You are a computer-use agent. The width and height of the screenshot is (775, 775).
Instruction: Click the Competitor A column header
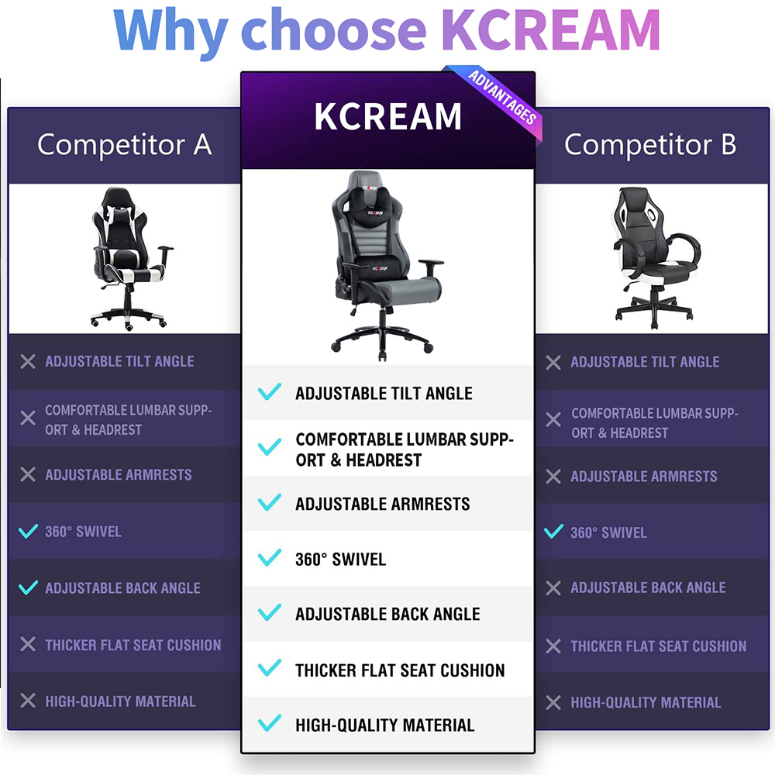coord(125,145)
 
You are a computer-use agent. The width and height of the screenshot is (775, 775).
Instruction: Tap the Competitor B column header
coord(650,145)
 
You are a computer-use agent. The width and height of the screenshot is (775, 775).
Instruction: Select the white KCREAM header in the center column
coord(388,117)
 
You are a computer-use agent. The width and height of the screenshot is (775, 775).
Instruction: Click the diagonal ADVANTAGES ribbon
coord(501,96)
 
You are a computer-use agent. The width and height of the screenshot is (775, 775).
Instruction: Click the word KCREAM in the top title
coord(550,29)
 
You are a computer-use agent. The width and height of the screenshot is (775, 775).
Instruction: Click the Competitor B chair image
coord(656,257)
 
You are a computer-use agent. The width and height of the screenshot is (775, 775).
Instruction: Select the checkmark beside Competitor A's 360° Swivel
coord(28,531)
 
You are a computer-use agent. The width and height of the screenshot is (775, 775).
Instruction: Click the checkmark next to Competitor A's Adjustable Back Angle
coord(28,587)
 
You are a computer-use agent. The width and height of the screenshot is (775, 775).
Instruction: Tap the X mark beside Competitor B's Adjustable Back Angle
coord(553,587)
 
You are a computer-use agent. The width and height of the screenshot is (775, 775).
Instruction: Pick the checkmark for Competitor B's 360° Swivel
coord(553,532)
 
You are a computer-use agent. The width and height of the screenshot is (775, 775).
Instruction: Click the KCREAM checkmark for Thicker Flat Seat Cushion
coord(270,668)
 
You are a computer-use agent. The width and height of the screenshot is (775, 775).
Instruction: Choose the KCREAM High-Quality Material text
coord(385,725)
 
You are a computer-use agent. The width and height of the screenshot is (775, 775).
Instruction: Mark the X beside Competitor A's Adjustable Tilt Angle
coord(28,361)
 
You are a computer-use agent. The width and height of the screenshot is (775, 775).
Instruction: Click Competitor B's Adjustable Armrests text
coord(643,476)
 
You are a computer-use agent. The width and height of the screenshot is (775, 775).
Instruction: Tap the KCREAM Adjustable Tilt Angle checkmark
coord(270,391)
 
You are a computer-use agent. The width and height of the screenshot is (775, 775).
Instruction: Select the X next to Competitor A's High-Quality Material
coord(28,701)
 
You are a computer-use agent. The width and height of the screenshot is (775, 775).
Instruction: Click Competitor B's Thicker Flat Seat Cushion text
coord(658,646)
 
